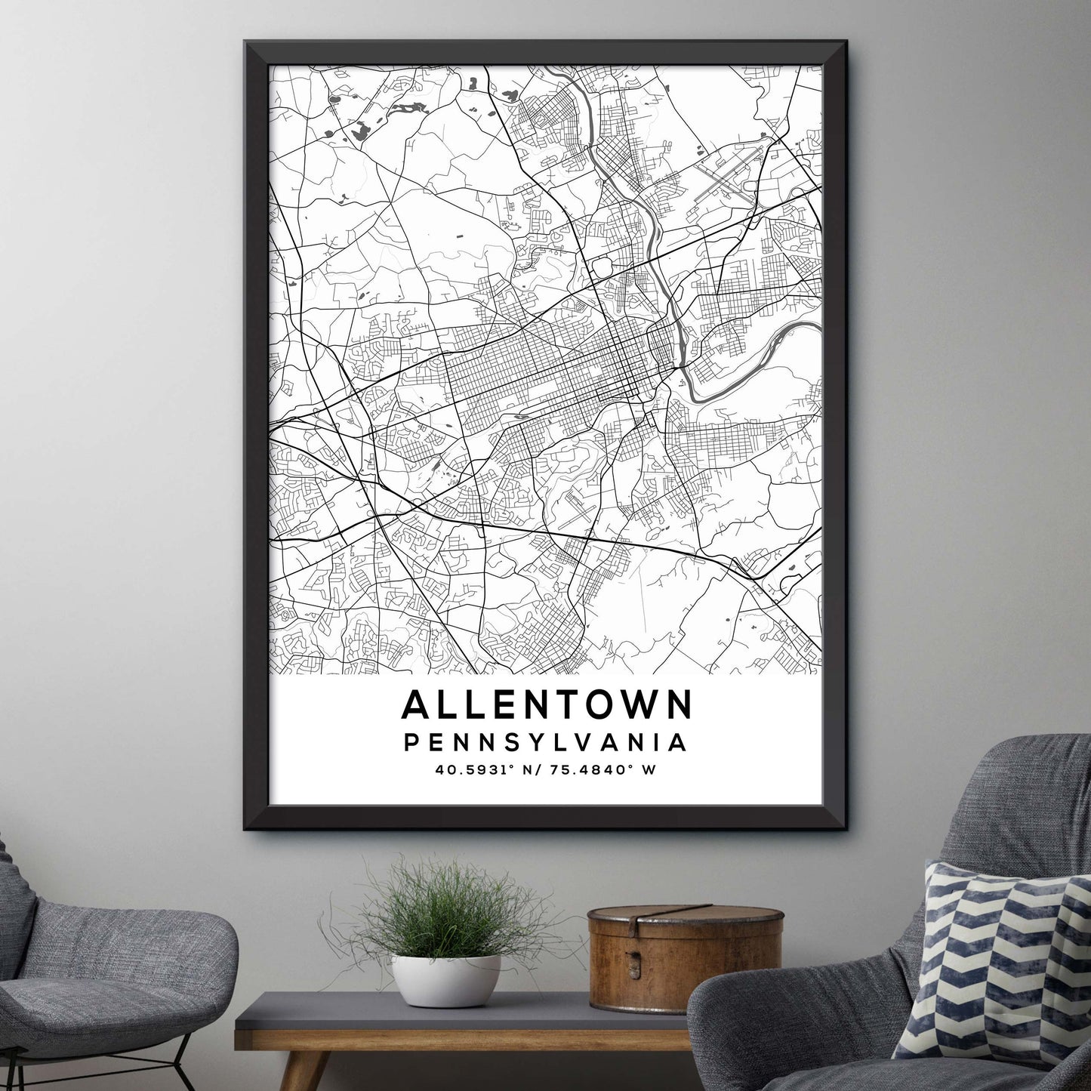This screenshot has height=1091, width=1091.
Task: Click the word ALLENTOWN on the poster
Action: pos(547,705)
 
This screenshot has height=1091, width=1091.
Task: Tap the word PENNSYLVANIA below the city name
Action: pos(546,742)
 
